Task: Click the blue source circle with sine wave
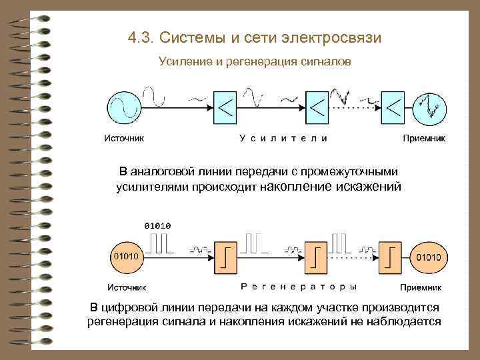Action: click(x=125, y=107)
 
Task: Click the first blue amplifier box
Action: click(x=225, y=107)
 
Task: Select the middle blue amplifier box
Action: click(x=317, y=107)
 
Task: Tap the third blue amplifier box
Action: click(x=394, y=107)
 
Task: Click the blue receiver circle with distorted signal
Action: click(x=431, y=107)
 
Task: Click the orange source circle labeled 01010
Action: click(x=126, y=257)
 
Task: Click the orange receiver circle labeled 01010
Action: click(x=431, y=257)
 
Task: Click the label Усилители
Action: click(x=283, y=139)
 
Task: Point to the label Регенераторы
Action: click(x=297, y=287)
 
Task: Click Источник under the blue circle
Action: click(x=123, y=139)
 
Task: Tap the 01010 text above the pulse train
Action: click(x=157, y=225)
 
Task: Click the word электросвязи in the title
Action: click(x=338, y=37)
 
